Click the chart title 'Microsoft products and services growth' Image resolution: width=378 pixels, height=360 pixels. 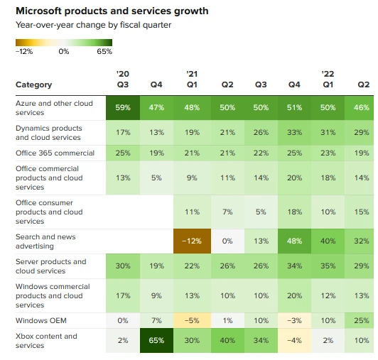pyautogui.click(x=112, y=11)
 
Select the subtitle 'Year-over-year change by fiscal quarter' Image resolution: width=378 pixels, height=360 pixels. pyautogui.click(x=94, y=25)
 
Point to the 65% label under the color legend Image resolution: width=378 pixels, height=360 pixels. pyautogui.click(x=104, y=51)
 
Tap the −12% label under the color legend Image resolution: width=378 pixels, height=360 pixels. pyautogui.click(x=24, y=51)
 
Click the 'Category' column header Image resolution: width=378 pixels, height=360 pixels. pyautogui.click(x=34, y=84)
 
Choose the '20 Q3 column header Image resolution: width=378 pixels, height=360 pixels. pyautogui.click(x=123, y=79)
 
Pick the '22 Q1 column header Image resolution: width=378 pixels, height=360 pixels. pyautogui.click(x=328, y=79)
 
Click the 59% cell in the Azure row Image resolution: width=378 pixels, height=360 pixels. pyautogui.click(x=123, y=108)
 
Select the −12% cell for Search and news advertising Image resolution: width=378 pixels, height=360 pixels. pyautogui.click(x=192, y=241)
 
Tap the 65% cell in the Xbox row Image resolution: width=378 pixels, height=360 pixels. pyautogui.click(x=156, y=341)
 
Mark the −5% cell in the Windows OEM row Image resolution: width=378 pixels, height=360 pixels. pyautogui.click(x=192, y=320)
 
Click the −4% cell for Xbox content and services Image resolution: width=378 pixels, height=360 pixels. pyautogui.click(x=294, y=341)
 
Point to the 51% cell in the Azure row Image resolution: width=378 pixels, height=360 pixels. pyautogui.click(x=294, y=108)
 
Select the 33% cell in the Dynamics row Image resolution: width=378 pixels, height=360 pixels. pyautogui.click(x=294, y=133)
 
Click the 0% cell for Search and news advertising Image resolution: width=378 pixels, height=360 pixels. pyautogui.click(x=227, y=241)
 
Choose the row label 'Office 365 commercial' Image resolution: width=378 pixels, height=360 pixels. pyautogui.click(x=55, y=153)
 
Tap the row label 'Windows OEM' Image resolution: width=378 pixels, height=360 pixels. pyautogui.click(x=41, y=320)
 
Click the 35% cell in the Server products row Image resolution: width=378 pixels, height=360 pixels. pyautogui.click(x=328, y=266)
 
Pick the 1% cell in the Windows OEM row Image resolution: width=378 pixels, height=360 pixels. pyautogui.click(x=227, y=320)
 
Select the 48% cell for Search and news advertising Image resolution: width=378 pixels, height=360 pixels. pyautogui.click(x=294, y=241)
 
